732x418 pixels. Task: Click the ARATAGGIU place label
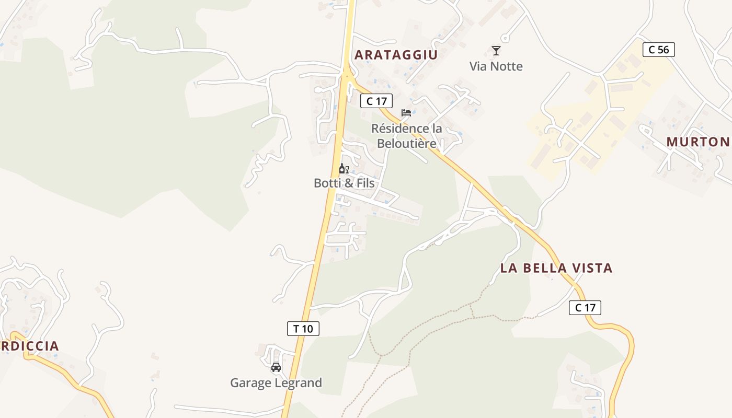click(x=396, y=55)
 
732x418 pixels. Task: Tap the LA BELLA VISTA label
click(x=556, y=268)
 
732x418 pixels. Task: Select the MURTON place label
click(x=698, y=142)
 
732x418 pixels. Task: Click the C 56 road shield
click(x=658, y=50)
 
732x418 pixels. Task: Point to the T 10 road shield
click(x=303, y=329)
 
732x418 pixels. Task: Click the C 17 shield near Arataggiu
click(x=376, y=101)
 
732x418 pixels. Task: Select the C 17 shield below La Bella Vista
click(x=585, y=308)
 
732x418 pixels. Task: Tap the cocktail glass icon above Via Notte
click(x=496, y=51)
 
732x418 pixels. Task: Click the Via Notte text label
click(x=496, y=66)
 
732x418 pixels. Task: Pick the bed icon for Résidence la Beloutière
click(x=406, y=113)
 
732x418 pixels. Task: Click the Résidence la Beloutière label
click(x=407, y=135)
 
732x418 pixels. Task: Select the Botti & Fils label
click(x=344, y=183)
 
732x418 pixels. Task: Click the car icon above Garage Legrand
click(x=276, y=367)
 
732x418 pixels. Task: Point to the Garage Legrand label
click(x=276, y=383)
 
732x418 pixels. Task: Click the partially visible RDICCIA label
click(x=30, y=346)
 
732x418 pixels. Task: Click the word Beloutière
click(x=407, y=143)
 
